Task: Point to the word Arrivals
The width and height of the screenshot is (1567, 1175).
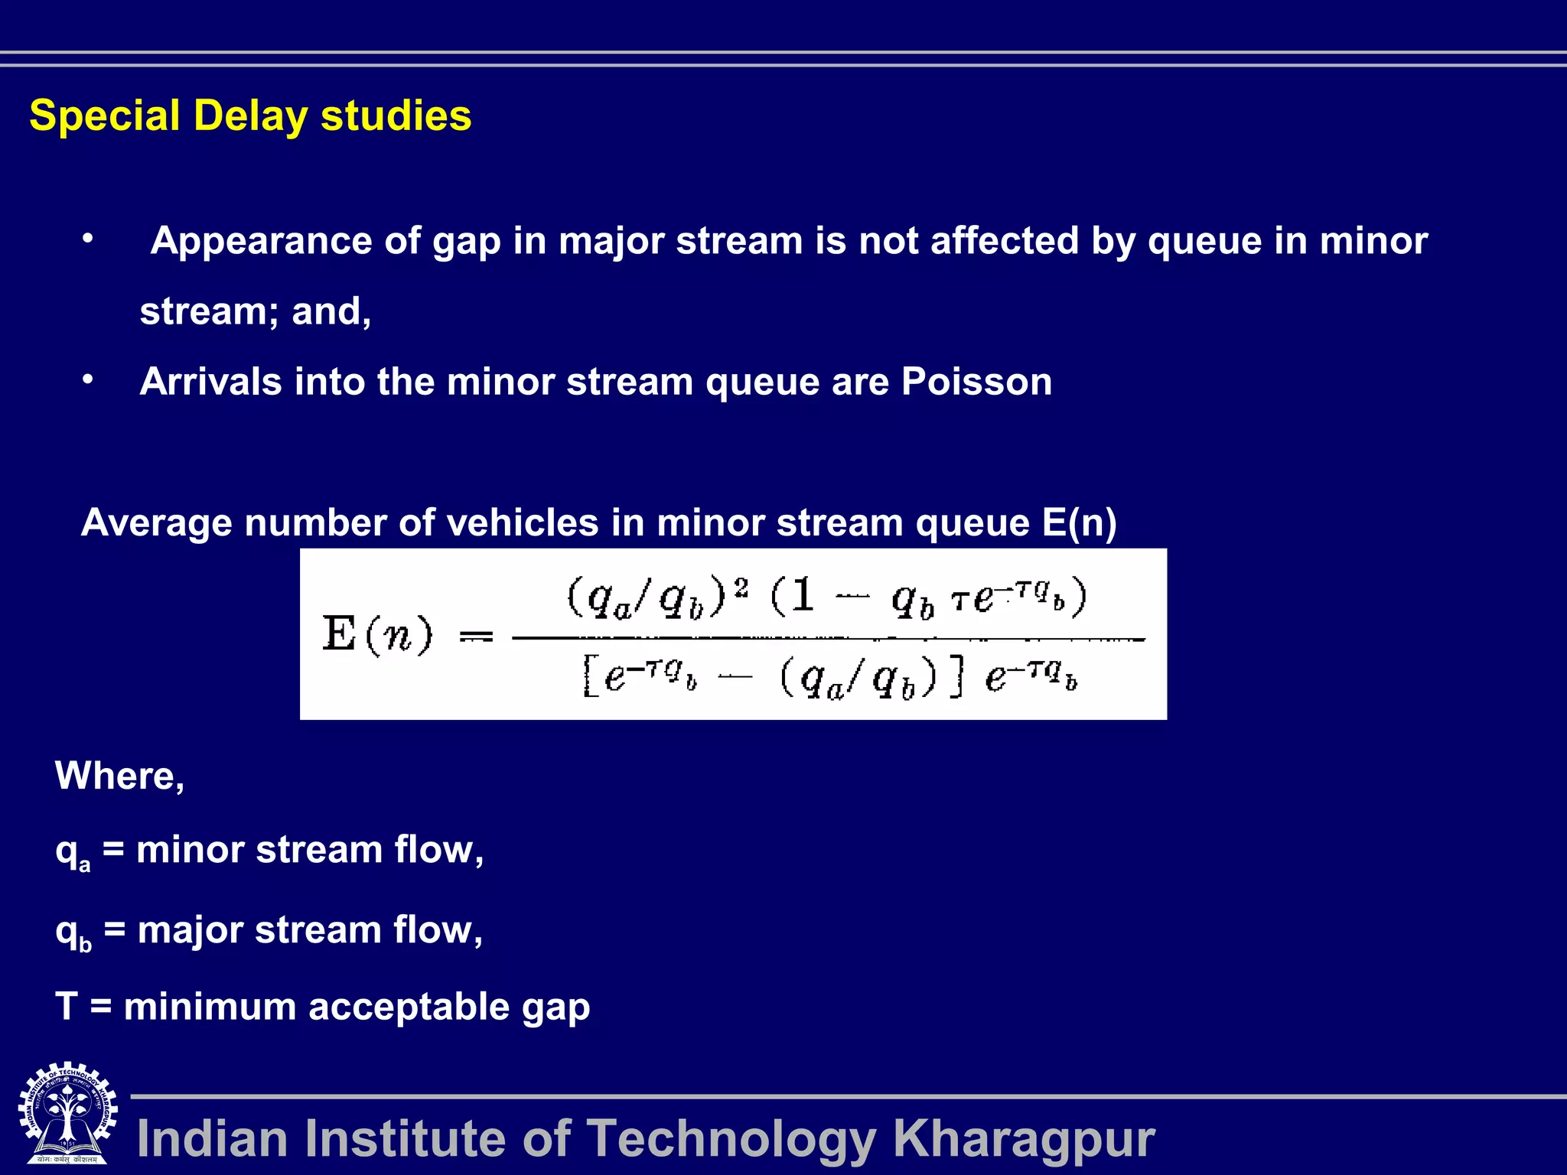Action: (x=210, y=382)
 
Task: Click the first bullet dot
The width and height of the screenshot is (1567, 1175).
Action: (x=89, y=239)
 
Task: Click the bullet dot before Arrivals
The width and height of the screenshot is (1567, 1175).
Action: (x=89, y=379)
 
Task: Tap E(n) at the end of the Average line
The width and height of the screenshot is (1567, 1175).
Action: (x=1079, y=523)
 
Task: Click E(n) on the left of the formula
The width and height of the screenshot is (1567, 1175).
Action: (x=377, y=635)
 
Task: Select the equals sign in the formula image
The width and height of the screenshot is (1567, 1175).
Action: (x=476, y=636)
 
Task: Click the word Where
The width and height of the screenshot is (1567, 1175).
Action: (x=119, y=776)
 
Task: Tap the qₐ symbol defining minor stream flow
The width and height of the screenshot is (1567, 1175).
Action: (x=72, y=852)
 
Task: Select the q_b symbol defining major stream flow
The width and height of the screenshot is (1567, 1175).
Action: (x=73, y=933)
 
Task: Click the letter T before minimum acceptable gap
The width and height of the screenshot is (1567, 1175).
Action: (x=67, y=1006)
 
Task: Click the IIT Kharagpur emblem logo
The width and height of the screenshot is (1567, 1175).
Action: (x=67, y=1113)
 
